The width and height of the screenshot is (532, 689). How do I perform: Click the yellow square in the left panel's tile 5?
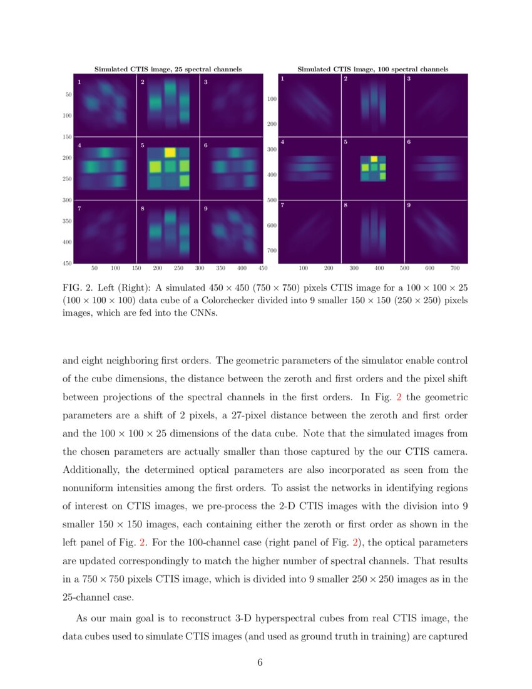(169, 152)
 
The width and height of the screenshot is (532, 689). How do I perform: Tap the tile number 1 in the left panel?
(79, 82)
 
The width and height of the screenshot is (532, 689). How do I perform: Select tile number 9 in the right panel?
(409, 205)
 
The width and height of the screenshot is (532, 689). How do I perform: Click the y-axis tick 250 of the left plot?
(66, 179)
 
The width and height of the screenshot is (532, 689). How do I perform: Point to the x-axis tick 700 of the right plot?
(455, 268)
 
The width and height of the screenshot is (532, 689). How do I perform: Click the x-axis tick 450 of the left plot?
(263, 268)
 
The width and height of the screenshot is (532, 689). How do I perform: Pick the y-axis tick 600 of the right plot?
(272, 225)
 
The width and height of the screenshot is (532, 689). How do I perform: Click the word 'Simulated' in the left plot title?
(110, 69)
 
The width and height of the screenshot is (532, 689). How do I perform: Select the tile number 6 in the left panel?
(206, 146)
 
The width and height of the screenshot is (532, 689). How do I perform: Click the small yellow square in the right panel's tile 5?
(374, 159)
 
